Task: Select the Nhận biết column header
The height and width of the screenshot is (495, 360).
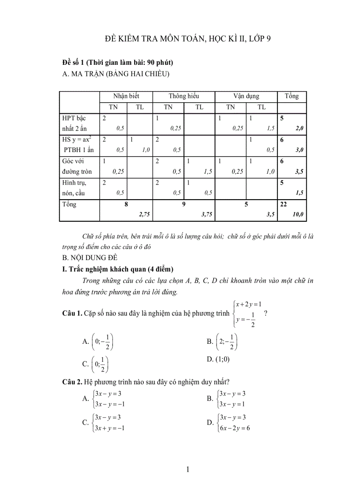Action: point(126,96)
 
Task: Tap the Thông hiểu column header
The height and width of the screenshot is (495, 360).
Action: point(184,96)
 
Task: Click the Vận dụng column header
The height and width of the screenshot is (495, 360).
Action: point(246,96)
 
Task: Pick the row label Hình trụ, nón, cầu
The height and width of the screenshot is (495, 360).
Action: point(74,188)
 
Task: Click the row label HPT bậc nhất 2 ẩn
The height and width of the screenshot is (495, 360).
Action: point(74,123)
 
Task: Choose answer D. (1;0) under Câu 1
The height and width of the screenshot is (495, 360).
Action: point(218,359)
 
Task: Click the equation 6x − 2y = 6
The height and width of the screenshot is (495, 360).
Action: point(235,428)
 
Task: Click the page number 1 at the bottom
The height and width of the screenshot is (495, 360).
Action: point(188,469)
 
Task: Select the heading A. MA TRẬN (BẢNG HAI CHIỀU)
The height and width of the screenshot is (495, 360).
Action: point(116,74)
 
